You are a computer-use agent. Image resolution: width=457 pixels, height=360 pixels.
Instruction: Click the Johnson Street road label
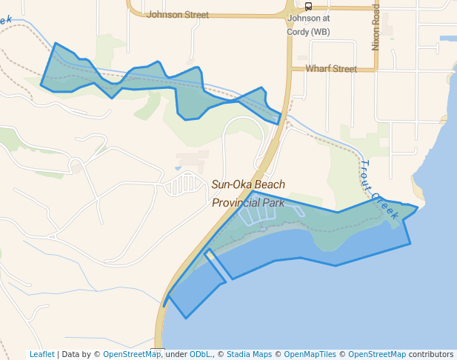point(178,14)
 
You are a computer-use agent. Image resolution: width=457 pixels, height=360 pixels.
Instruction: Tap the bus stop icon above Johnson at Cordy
point(308,7)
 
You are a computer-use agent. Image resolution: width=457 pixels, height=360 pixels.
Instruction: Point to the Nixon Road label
point(376,27)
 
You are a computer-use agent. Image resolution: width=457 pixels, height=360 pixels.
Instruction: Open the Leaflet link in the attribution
point(42,355)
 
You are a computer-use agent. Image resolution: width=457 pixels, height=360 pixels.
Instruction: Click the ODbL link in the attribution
point(201,355)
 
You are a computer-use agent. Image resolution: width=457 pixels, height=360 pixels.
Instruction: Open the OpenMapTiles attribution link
point(307,355)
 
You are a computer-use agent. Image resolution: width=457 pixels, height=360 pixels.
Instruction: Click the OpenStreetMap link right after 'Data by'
point(132,355)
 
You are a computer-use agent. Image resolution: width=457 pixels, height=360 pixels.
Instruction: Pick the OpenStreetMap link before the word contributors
point(377,355)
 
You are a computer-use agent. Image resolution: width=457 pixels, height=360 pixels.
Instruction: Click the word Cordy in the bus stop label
point(298,32)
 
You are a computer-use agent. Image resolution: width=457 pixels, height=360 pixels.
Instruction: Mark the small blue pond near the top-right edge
point(448,38)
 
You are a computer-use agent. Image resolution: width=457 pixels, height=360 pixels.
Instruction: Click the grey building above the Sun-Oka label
point(193,160)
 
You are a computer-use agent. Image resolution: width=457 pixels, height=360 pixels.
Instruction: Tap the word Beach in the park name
point(270,184)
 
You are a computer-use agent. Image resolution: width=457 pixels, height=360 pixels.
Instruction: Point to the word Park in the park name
point(275,202)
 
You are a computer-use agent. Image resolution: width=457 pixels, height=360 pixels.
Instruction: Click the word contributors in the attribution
point(430,355)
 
